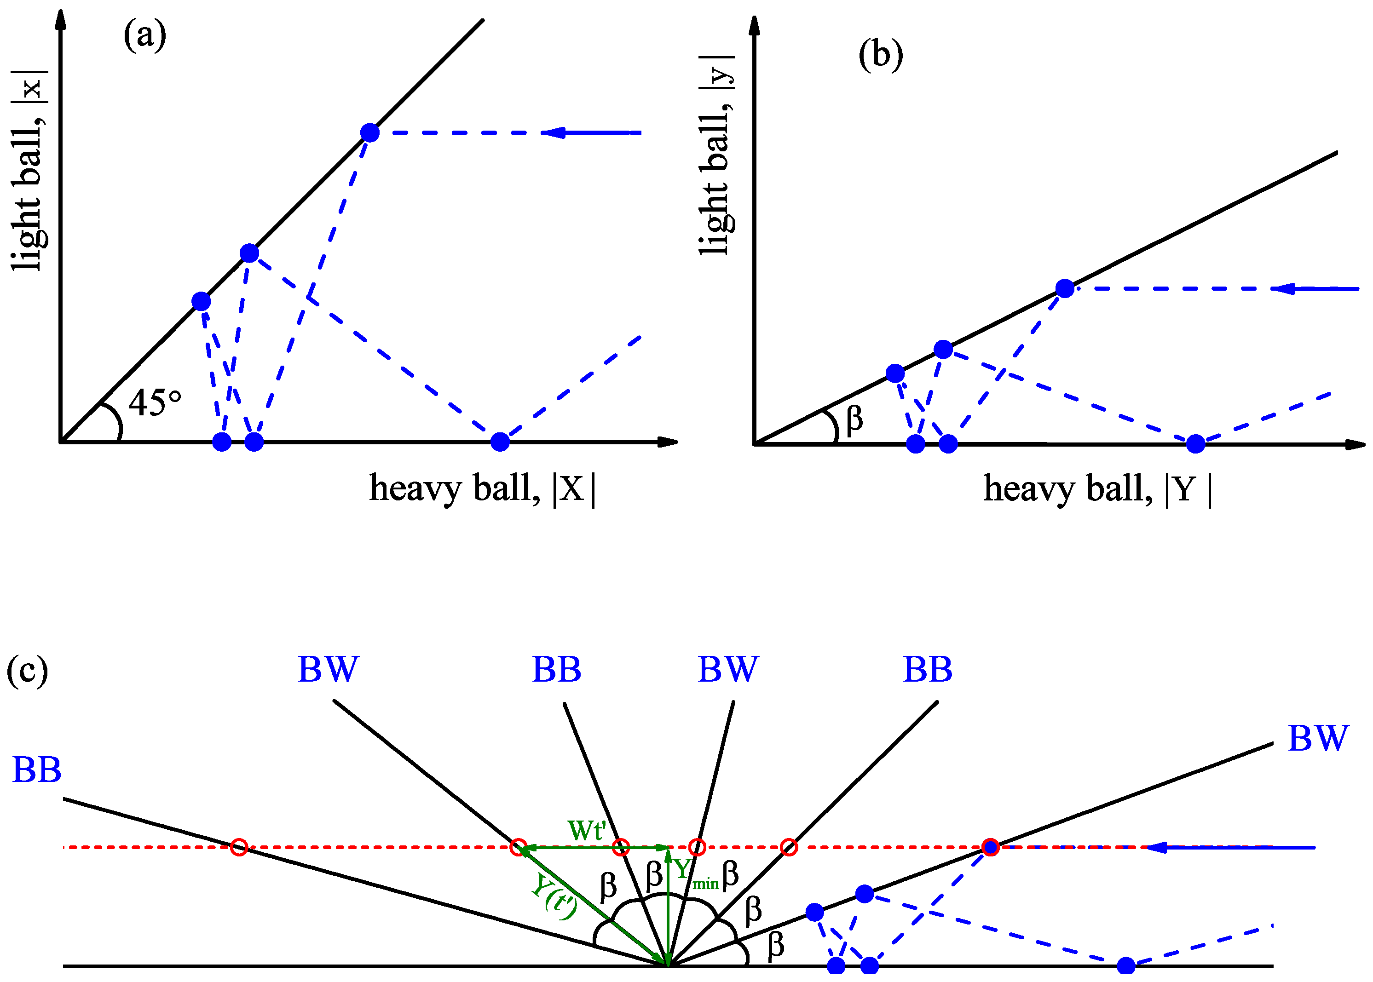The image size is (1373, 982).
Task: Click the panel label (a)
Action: [x=144, y=34]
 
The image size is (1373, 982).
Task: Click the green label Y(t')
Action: [x=554, y=897]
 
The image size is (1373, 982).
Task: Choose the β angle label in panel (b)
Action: [x=854, y=419]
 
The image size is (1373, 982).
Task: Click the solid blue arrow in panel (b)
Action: [x=1315, y=289]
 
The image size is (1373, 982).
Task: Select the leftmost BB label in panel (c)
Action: [x=36, y=770]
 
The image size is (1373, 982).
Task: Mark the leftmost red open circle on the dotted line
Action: [x=240, y=847]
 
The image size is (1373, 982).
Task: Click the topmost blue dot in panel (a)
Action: [x=369, y=132]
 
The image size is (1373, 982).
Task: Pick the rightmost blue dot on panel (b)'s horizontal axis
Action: [x=1195, y=444]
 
